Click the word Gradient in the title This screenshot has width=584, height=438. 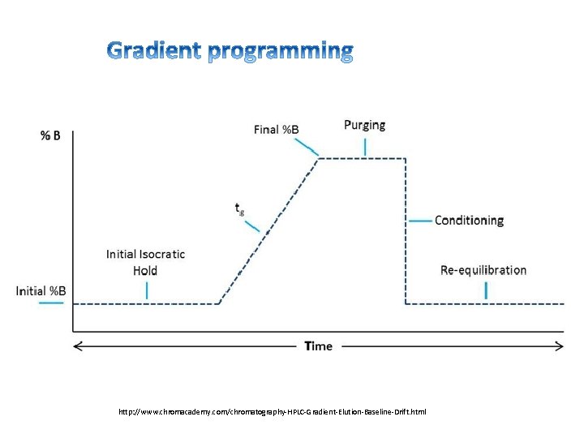click(x=154, y=51)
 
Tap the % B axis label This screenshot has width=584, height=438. click(x=50, y=135)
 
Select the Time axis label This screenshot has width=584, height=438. click(x=319, y=346)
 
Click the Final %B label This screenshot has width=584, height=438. click(x=276, y=130)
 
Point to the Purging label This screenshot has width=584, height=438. click(x=364, y=125)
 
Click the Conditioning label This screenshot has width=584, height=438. click(x=469, y=220)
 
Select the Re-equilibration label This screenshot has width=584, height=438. click(x=483, y=270)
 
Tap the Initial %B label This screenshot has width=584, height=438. click(x=41, y=290)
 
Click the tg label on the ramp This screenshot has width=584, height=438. click(x=239, y=209)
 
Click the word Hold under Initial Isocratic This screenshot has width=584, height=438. click(x=145, y=270)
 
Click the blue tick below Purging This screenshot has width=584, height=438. click(x=365, y=147)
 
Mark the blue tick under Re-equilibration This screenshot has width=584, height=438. click(x=486, y=290)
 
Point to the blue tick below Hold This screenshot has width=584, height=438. click(x=147, y=290)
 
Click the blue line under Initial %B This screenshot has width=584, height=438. click(x=51, y=303)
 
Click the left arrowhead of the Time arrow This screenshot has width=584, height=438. click(x=78, y=346)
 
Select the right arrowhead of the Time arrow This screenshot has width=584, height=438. click(x=560, y=346)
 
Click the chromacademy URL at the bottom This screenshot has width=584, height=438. click(x=272, y=412)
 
